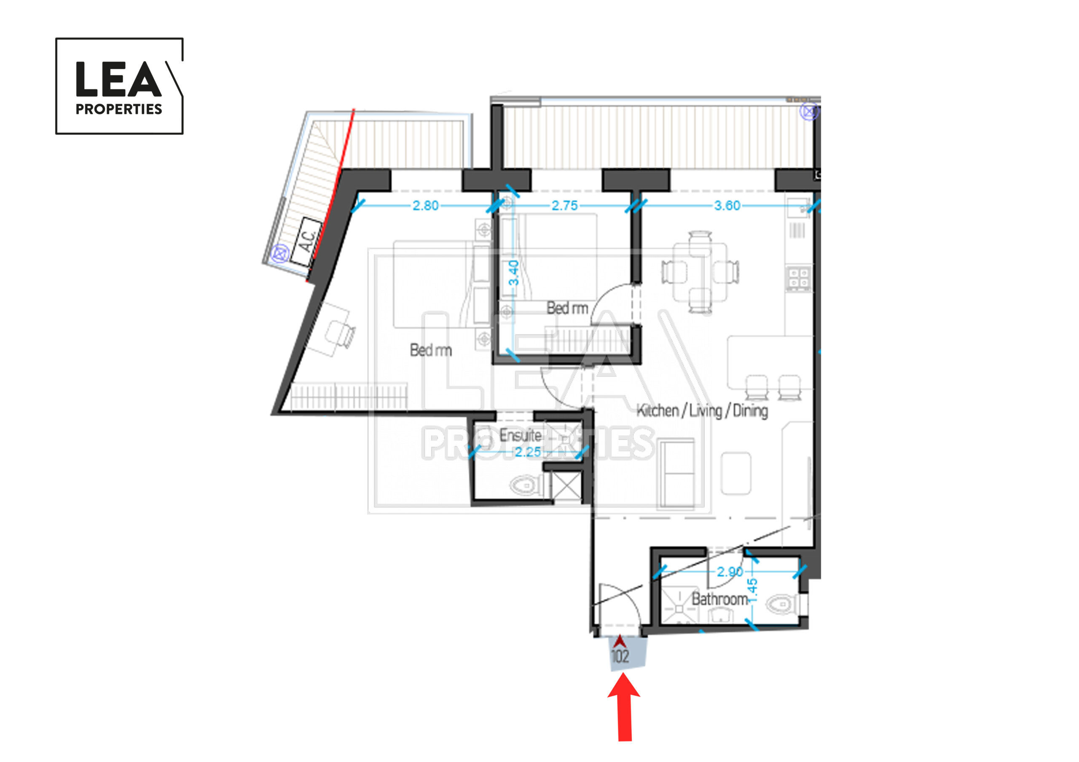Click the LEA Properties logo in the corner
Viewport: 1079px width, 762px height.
119,86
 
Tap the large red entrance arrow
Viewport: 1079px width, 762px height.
624,706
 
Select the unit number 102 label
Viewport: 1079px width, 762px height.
620,656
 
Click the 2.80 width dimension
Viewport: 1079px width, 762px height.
425,205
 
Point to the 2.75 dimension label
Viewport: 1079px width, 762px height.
564,205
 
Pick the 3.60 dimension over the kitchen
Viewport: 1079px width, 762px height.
727,205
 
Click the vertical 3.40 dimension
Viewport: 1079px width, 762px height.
514,273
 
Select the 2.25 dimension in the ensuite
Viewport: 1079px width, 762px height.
528,452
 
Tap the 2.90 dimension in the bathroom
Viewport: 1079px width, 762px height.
730,572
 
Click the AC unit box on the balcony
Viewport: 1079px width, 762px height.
306,242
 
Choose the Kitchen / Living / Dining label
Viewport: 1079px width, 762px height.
702,411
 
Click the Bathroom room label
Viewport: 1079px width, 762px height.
719,599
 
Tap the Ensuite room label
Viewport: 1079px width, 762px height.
520,435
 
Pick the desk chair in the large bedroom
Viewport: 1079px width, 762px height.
341,334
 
